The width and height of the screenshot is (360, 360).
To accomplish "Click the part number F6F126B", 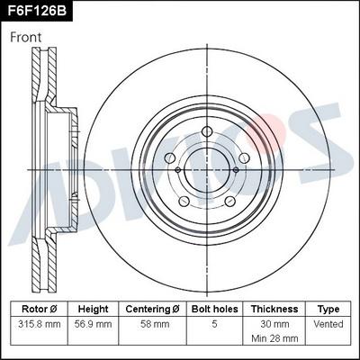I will coord(37,11).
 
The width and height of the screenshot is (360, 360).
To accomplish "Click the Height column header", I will coord(93,309).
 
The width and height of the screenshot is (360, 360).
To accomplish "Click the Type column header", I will coord(329,309).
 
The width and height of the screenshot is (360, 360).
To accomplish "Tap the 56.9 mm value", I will coord(93,323).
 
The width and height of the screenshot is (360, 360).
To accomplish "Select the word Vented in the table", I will coord(329,323).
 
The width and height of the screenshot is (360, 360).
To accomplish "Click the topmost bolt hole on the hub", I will coord(208,132).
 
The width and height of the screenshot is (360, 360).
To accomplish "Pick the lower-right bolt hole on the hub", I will coord(231,202).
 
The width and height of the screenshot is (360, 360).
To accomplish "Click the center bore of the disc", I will coord(208,170).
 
